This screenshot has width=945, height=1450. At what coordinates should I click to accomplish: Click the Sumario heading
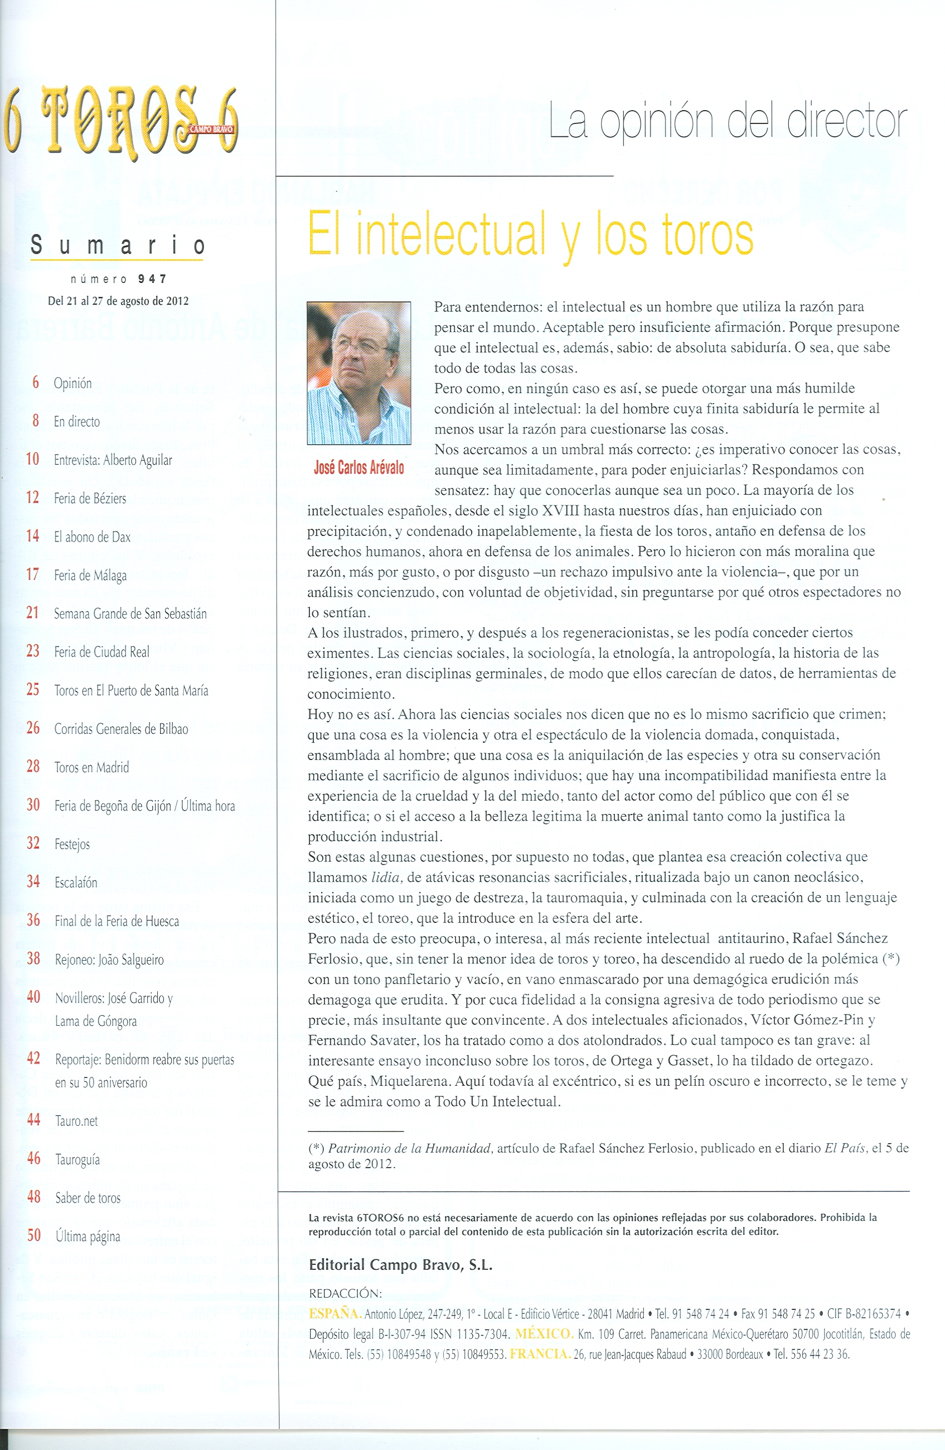coord(118,246)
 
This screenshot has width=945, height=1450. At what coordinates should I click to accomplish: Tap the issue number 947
coord(152,279)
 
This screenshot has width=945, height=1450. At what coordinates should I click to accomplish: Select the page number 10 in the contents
coord(33,459)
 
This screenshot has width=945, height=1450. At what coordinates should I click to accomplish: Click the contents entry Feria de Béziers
coord(89,498)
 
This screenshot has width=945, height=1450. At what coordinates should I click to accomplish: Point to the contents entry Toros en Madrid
coord(91,767)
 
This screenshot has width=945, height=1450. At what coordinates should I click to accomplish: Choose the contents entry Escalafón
coord(76,882)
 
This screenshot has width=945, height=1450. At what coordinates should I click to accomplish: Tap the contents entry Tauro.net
coord(76,1120)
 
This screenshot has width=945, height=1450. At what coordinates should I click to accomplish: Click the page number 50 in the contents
coord(34,1235)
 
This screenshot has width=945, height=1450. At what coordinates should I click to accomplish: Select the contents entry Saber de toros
coord(88,1197)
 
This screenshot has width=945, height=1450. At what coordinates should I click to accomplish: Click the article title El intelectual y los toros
coord(531,234)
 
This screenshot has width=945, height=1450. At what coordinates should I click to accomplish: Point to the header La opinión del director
coord(728,122)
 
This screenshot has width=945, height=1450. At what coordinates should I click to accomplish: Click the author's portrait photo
coord(359,373)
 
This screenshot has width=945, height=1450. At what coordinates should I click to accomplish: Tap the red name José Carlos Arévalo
coord(359,467)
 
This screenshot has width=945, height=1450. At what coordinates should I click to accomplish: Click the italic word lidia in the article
coord(386,877)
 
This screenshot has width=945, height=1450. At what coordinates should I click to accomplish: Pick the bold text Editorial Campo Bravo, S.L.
coord(400,1265)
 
